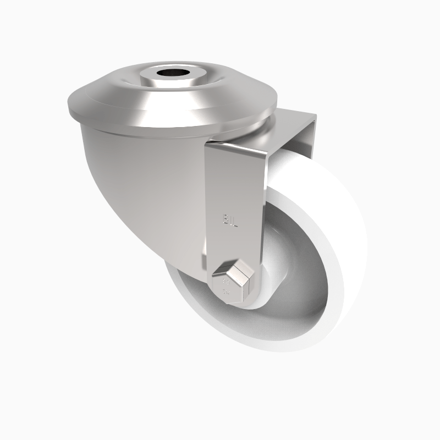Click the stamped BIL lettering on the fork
pos(230,221)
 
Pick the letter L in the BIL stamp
pos(235,221)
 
